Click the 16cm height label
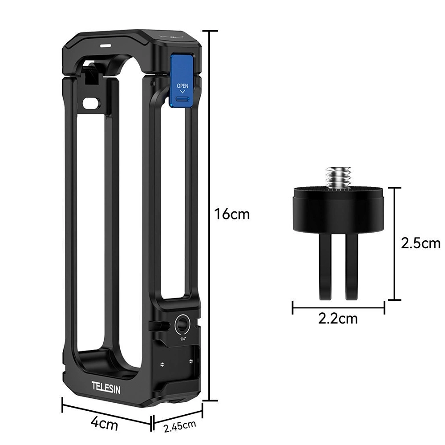click(232, 214)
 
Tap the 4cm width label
click(104, 424)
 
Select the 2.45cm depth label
click(180, 426)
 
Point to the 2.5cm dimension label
click(421, 243)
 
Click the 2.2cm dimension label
click(338, 319)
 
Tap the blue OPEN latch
click(182, 81)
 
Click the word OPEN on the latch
click(182, 86)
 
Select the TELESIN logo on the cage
click(106, 388)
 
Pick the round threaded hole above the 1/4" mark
click(183, 323)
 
